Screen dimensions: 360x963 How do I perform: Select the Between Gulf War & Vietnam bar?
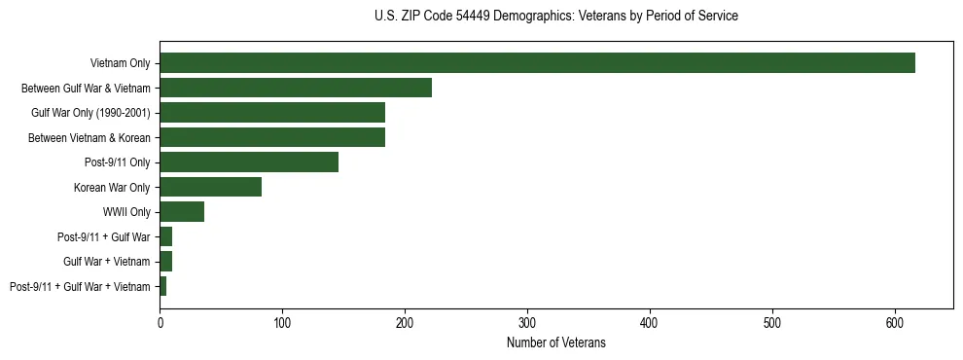(x=296, y=89)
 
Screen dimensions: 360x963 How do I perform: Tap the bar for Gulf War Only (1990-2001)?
(x=272, y=113)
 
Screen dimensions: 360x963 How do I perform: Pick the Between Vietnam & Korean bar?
(x=272, y=137)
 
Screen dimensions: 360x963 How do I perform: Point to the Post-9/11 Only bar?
(x=249, y=162)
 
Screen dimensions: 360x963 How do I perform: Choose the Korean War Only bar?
(x=210, y=187)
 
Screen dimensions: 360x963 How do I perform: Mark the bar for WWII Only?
(x=182, y=212)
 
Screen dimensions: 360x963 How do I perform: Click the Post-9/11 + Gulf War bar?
(x=166, y=236)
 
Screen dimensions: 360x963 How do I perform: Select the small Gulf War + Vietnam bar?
(x=166, y=261)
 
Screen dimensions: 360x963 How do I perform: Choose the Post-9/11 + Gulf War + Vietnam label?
(x=80, y=286)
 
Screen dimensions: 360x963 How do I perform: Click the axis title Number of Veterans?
(x=555, y=342)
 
